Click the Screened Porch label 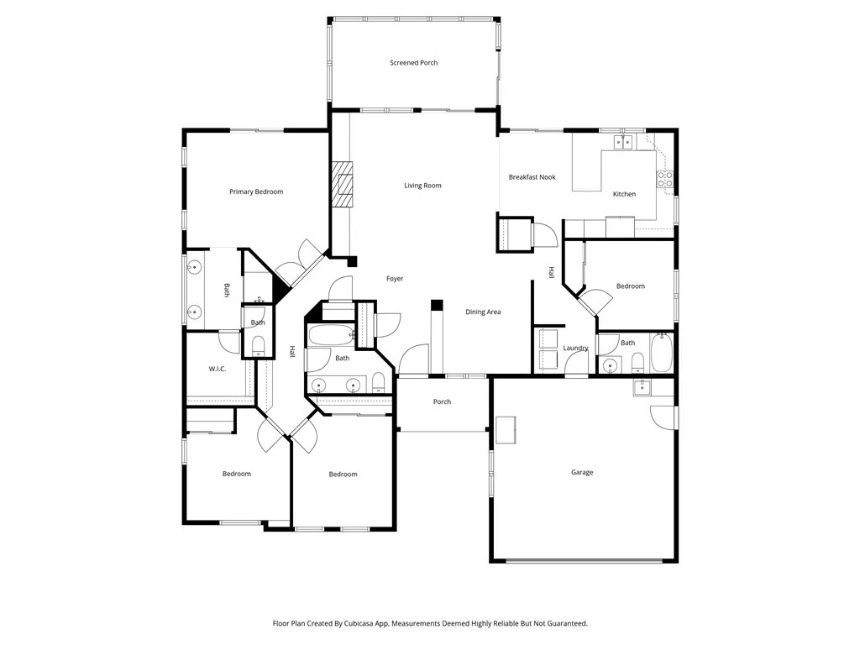413,63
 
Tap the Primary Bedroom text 256,191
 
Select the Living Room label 422,186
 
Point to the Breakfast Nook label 532,177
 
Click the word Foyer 395,279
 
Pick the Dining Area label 483,312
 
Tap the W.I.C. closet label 218,369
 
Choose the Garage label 582,473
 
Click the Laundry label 575,348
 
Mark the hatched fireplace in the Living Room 343,184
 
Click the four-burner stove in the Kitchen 663,179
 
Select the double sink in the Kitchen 622,143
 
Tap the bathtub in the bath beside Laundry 661,354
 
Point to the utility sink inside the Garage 642,386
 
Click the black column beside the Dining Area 437,306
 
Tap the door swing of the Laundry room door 575,363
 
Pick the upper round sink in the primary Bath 194,269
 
